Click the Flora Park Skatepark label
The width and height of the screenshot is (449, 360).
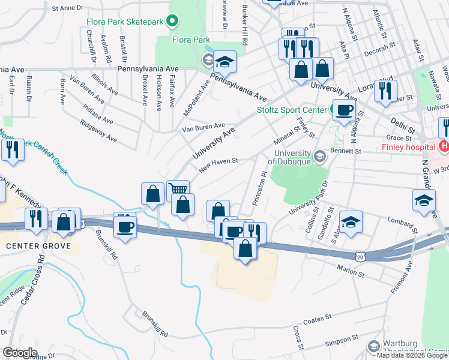coord(124,23)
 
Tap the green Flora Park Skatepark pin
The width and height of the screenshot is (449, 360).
coord(173,23)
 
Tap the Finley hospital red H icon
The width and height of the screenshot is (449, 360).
coord(444,146)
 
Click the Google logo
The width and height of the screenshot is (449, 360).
coord(20,352)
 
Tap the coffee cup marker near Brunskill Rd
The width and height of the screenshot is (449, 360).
coord(125,228)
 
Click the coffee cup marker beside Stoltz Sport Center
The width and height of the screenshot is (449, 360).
coord(344,110)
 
